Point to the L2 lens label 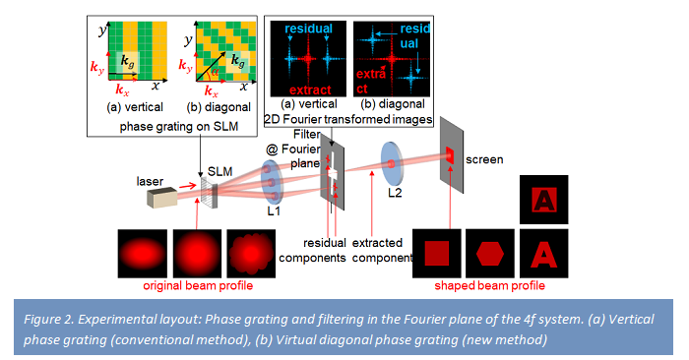[x=394, y=192]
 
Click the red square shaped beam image [x=437, y=251]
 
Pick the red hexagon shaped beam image [x=491, y=251]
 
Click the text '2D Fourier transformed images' [x=349, y=119]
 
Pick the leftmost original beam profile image [x=142, y=252]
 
